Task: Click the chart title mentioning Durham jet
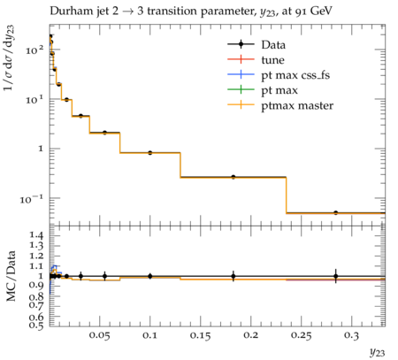191,11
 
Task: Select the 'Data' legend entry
273,45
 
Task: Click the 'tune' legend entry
272,60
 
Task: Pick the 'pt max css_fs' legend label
295,75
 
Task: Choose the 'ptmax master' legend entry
297,106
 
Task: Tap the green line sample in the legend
241,90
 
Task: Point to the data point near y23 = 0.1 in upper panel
150,153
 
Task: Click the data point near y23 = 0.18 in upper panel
233,177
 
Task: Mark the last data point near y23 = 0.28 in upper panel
335,212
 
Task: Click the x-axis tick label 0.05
100,336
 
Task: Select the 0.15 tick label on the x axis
201,336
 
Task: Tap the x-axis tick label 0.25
301,336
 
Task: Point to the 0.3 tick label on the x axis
351,336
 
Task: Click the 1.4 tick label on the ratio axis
36,235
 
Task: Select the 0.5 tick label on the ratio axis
36,326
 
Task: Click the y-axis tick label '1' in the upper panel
41,149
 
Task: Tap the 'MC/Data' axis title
11,276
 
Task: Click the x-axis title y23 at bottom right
378,352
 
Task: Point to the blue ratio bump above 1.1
55,266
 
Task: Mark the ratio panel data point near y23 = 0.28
335,276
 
